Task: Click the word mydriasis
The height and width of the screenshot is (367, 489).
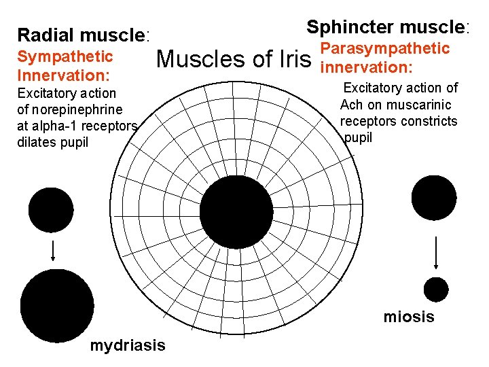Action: click(x=127, y=345)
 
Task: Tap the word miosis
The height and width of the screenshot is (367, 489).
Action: click(x=409, y=317)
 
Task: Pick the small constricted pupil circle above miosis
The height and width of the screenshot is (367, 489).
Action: click(x=435, y=289)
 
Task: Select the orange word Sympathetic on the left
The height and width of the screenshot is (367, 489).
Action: click(x=65, y=55)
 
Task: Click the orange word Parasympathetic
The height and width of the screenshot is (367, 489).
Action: click(x=384, y=48)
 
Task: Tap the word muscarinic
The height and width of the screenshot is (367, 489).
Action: click(x=417, y=105)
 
